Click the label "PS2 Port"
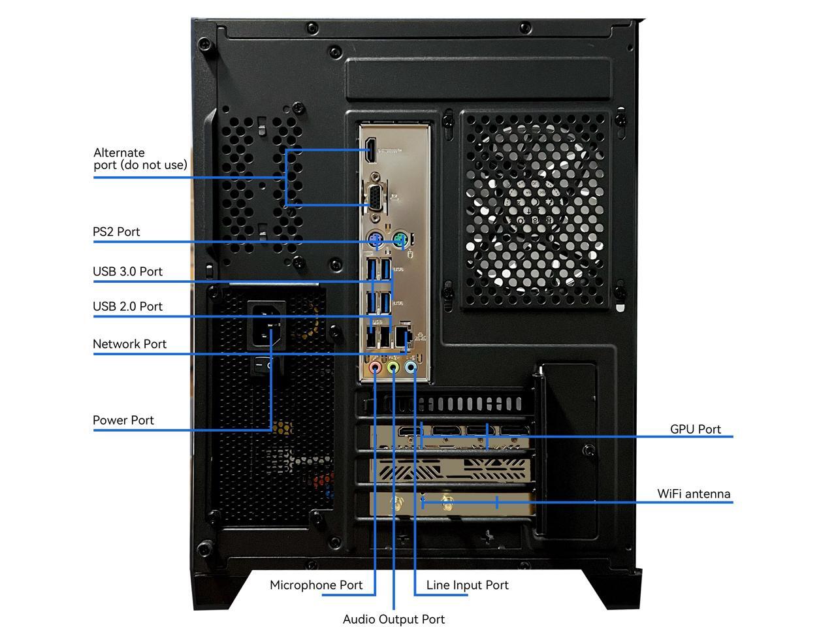click(116, 232)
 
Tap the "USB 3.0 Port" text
click(127, 272)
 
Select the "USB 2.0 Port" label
click(127, 306)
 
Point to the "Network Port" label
click(129, 344)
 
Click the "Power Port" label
click(123, 421)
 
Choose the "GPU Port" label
click(695, 429)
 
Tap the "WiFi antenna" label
click(694, 494)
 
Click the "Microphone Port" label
click(316, 585)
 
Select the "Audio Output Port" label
click(393, 619)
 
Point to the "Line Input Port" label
click(467, 585)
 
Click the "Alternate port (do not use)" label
click(140, 159)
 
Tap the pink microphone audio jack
click(375, 368)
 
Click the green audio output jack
click(393, 368)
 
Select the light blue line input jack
click(410, 368)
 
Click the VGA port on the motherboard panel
click(374, 197)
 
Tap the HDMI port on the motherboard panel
click(370, 150)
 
